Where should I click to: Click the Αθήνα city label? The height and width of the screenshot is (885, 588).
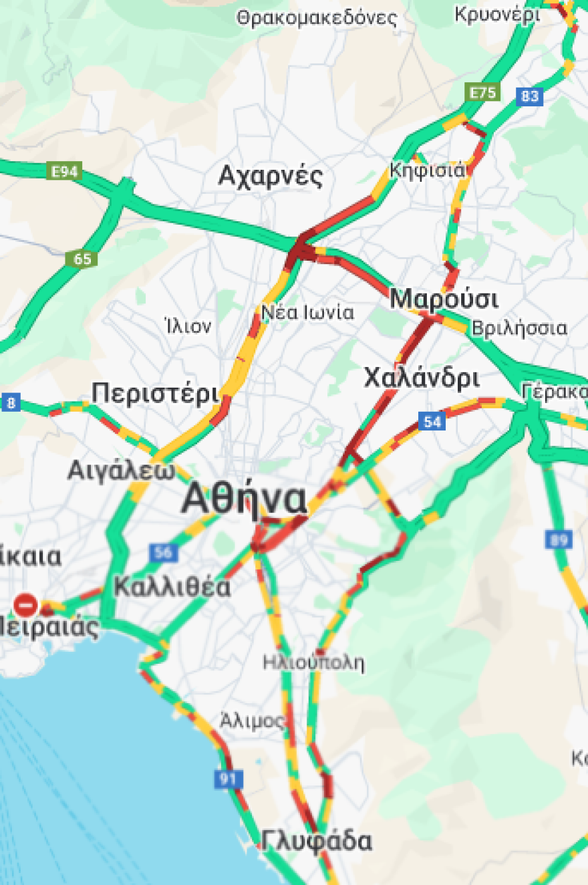click(245, 499)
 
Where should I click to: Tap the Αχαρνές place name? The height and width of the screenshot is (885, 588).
click(271, 177)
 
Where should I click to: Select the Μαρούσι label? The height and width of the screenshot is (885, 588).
click(444, 299)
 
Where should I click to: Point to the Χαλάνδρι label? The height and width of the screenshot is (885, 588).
click(422, 378)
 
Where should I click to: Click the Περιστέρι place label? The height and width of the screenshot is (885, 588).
click(156, 393)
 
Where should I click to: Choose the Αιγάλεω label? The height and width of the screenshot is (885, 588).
click(121, 471)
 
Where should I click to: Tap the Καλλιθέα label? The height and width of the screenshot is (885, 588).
click(172, 588)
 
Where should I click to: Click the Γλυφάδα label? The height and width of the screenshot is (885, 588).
click(317, 841)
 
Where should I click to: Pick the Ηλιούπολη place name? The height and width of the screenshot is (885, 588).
click(313, 663)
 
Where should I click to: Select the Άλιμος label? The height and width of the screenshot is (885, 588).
click(253, 721)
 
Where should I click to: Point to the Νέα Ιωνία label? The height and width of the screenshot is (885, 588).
click(307, 312)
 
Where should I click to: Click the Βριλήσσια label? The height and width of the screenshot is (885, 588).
click(519, 328)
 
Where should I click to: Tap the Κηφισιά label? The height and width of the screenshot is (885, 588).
click(428, 170)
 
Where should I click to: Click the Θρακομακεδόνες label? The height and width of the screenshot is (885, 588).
click(317, 18)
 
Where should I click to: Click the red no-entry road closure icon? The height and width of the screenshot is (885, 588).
click(25, 606)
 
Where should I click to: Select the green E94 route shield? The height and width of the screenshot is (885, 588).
click(66, 172)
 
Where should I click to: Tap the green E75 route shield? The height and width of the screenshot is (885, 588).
click(482, 93)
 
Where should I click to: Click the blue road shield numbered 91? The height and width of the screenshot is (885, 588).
click(229, 779)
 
